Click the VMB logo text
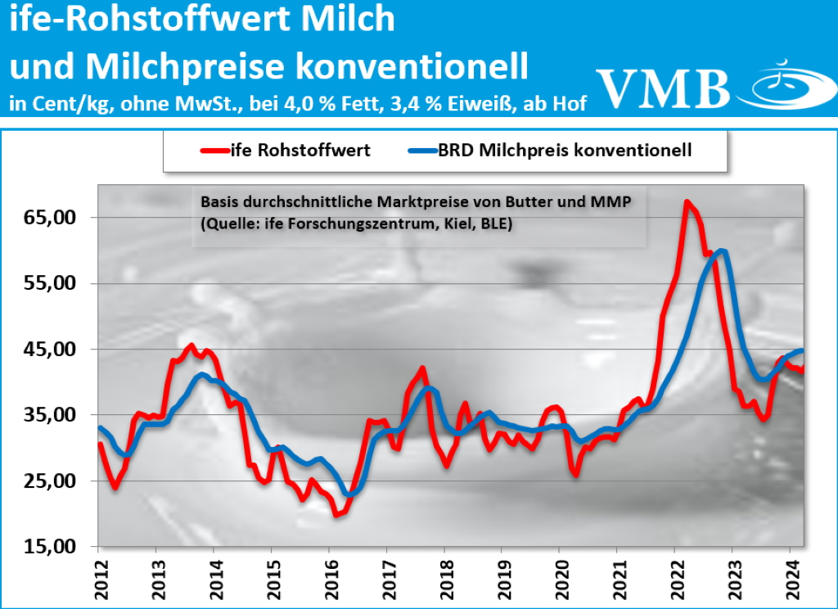[663, 85]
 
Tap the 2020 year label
[560, 578]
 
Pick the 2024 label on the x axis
[791, 578]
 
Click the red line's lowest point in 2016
[336, 514]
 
